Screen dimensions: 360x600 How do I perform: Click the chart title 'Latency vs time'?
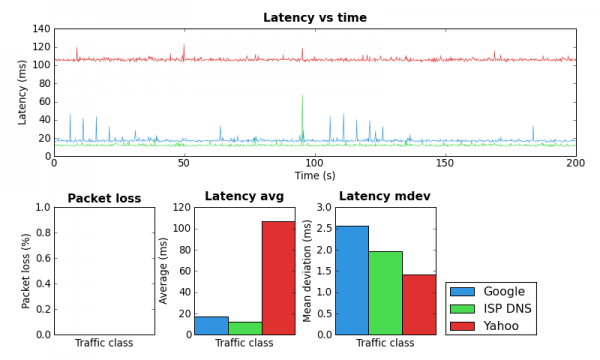314,17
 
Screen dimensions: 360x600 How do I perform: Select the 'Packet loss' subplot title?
104,198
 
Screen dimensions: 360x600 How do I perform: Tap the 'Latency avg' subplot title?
244,196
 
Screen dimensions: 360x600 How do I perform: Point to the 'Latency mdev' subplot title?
385,196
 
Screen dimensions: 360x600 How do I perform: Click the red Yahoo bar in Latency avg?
278,278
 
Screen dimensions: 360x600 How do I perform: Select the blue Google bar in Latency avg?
211,325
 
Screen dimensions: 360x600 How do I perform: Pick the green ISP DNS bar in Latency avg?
245,328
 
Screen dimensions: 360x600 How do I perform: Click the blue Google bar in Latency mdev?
352,280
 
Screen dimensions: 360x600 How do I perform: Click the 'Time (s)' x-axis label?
314,175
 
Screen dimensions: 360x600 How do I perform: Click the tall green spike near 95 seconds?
302,100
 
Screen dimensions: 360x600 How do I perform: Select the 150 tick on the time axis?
445,163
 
